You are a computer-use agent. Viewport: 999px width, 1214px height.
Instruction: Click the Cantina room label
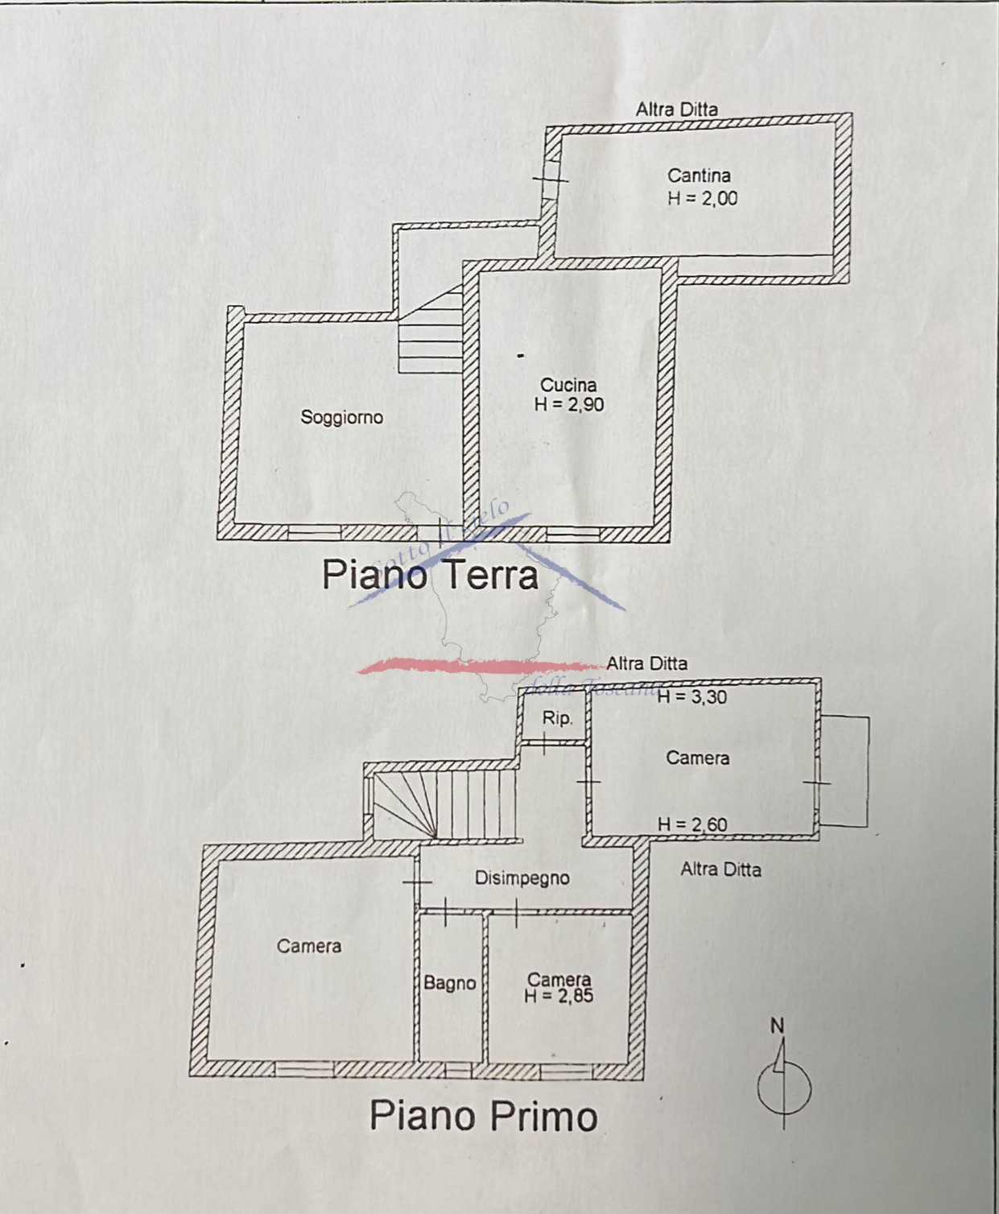(699, 175)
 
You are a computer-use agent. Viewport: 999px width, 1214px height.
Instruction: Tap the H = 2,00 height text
(702, 198)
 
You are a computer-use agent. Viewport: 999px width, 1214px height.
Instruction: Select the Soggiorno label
(341, 417)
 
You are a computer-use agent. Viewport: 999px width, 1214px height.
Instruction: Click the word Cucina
(568, 385)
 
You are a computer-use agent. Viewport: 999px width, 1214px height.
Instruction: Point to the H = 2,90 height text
(569, 404)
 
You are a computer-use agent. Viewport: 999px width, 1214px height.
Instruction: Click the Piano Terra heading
(430, 575)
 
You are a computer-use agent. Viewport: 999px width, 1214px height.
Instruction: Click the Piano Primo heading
(483, 1116)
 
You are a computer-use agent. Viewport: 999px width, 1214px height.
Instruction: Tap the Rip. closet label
(556, 717)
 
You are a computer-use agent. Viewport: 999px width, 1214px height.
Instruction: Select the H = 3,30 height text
(691, 697)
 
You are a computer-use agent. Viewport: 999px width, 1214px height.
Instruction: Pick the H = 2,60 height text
(692, 824)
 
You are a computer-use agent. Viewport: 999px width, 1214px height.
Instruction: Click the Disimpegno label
(522, 877)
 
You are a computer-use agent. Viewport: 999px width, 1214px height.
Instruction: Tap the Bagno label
(449, 983)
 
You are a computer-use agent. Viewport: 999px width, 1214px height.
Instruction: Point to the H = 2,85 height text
(559, 997)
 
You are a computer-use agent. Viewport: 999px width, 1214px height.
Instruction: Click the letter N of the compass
(777, 1026)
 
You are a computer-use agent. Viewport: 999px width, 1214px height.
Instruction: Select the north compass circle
(784, 1088)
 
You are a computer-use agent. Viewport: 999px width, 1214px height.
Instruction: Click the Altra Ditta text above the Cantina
(676, 109)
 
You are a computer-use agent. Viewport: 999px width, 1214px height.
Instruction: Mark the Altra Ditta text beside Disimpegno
(720, 869)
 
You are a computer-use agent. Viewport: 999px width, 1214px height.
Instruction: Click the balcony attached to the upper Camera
(845, 771)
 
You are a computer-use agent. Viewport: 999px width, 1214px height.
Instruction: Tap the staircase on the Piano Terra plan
(431, 335)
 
